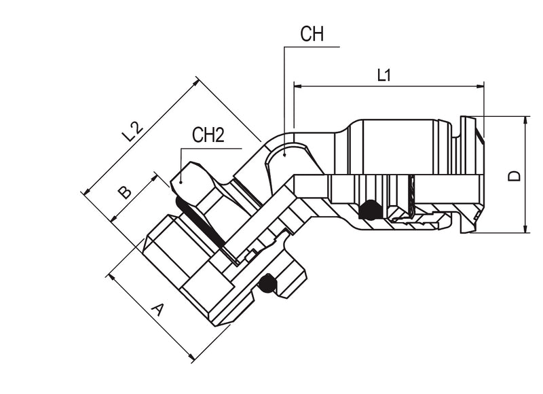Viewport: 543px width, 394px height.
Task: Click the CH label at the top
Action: (x=312, y=35)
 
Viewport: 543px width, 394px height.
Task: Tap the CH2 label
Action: (x=208, y=135)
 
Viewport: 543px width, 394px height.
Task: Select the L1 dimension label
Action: (x=384, y=75)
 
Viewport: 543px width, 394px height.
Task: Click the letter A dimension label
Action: (x=157, y=310)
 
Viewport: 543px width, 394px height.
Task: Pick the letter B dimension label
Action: (x=125, y=192)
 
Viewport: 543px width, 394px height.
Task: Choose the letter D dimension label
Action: (x=515, y=175)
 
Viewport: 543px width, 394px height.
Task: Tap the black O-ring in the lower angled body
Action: (x=267, y=283)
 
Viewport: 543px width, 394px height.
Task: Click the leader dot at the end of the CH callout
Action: (x=285, y=156)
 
